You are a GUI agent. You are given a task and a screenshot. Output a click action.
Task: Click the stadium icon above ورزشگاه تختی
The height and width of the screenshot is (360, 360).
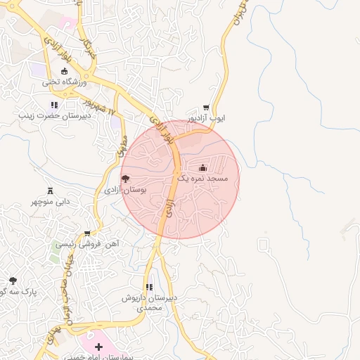(x=65, y=71)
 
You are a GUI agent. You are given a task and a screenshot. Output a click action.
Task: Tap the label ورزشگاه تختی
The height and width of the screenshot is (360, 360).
(x=65, y=82)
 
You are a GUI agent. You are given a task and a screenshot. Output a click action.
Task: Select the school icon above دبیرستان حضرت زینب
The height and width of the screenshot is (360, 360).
(x=54, y=105)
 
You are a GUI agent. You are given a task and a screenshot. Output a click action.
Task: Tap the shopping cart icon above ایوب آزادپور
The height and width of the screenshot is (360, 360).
(x=205, y=108)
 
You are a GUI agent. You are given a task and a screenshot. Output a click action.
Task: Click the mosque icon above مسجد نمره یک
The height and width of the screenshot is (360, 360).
(x=203, y=167)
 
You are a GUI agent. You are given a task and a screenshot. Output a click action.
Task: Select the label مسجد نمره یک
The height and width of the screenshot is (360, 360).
(x=203, y=179)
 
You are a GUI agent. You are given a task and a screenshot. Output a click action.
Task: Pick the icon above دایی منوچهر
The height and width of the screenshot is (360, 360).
(x=50, y=191)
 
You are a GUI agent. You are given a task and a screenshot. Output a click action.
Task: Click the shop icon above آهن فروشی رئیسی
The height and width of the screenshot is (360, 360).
(x=87, y=233)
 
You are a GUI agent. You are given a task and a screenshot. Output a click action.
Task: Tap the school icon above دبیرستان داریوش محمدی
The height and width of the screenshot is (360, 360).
(x=148, y=287)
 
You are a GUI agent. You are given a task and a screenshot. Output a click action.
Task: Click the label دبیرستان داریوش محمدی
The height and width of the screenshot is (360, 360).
(x=149, y=303)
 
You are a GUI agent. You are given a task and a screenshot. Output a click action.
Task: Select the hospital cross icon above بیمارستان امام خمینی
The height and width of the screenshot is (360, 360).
(x=98, y=347)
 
